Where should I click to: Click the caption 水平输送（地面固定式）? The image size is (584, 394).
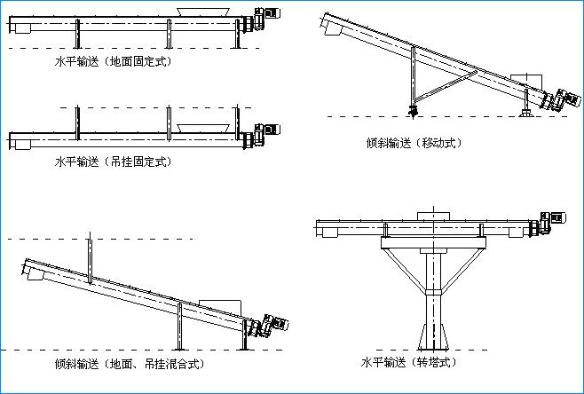(x=114, y=61)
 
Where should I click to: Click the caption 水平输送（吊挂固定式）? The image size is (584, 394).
(x=114, y=162)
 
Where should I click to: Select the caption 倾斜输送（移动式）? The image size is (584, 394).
(x=414, y=143)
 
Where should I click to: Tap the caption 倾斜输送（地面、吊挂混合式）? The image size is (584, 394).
(x=130, y=364)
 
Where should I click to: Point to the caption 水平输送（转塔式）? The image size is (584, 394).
(x=409, y=362)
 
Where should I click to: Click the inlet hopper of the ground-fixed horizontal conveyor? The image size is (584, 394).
(x=203, y=12)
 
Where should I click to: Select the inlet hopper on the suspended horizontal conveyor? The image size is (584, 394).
(x=203, y=129)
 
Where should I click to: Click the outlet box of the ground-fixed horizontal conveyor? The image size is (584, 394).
(x=23, y=28)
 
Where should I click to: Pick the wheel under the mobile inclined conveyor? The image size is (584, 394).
(x=413, y=111)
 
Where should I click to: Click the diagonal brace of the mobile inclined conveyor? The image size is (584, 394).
(x=446, y=86)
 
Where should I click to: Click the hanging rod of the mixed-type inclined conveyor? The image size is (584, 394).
(x=90, y=257)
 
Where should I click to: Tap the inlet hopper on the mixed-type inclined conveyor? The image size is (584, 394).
(x=220, y=307)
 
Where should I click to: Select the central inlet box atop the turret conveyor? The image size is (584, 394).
(x=433, y=216)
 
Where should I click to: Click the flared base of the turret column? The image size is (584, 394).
(x=433, y=336)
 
